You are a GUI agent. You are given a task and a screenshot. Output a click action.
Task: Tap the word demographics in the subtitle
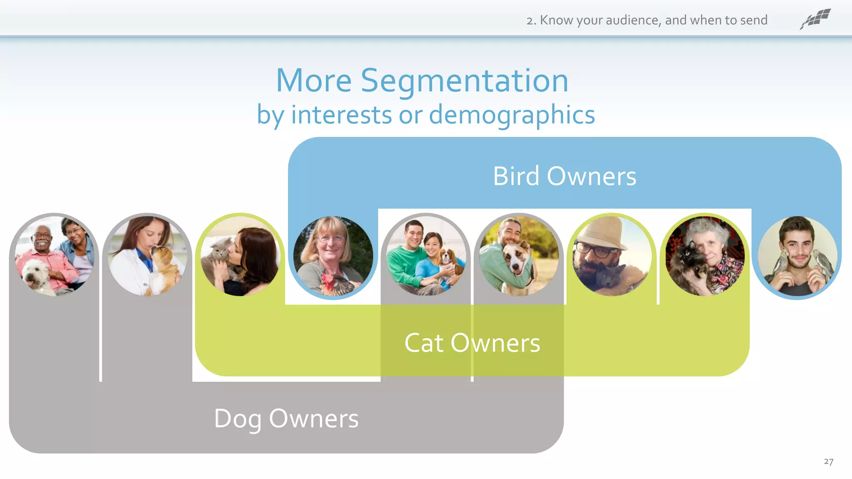(512, 115)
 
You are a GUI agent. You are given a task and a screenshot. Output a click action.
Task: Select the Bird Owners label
(564, 176)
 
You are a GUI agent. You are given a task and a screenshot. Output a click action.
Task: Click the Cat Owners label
(472, 343)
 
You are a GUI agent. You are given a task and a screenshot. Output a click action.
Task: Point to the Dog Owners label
(286, 419)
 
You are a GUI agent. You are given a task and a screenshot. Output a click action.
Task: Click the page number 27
(828, 462)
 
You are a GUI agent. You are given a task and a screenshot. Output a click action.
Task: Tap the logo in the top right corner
(815, 19)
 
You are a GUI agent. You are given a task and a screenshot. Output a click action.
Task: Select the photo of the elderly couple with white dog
(54, 256)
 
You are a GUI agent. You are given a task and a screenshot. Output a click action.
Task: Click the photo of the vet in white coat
(147, 256)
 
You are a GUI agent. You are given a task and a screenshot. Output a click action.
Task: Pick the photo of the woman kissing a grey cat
(240, 256)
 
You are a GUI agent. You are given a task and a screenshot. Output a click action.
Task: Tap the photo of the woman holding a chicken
(333, 256)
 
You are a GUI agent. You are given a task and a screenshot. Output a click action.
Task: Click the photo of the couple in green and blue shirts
(426, 256)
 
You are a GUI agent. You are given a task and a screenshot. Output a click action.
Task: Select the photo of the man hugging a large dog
(518, 256)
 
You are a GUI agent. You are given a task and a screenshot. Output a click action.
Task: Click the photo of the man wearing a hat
(612, 256)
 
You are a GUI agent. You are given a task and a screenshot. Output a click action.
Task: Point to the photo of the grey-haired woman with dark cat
(705, 256)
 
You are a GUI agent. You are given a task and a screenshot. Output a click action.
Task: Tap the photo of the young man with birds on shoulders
(797, 256)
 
